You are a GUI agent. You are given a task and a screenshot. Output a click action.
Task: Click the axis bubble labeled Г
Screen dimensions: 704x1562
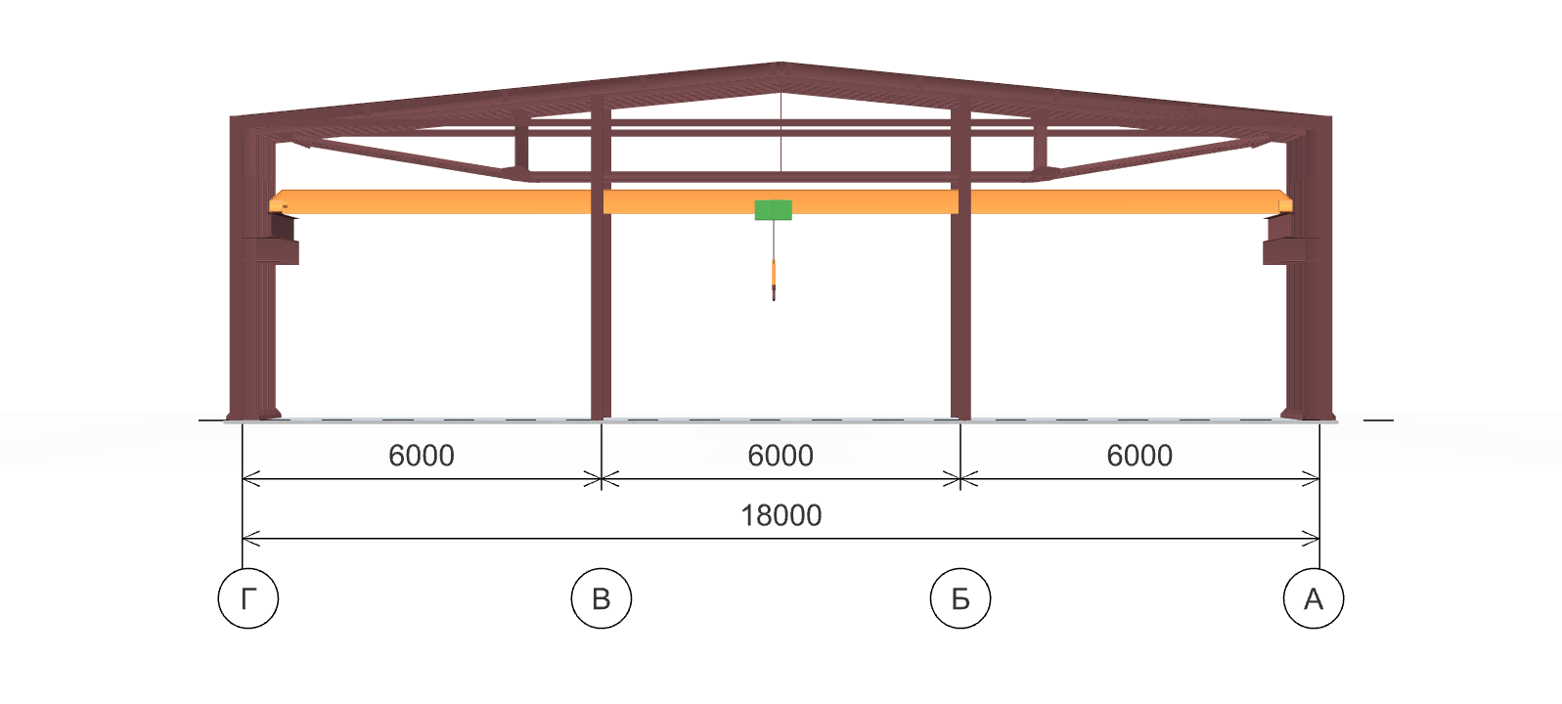point(248,597)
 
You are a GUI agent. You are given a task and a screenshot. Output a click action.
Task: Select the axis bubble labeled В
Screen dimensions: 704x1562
point(602,597)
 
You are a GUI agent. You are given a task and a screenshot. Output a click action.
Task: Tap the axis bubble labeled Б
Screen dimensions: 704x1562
point(960,597)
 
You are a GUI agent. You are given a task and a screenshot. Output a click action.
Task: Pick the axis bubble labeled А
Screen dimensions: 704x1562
point(1314,597)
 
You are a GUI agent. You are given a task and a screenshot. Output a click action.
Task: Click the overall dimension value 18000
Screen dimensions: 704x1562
point(781,515)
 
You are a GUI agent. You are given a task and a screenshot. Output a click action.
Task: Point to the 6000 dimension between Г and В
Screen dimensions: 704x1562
point(422,456)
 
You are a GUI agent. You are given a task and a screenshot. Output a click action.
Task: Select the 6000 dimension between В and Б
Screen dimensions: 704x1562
point(781,456)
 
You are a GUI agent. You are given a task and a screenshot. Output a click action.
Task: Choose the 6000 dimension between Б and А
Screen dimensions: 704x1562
point(1139,456)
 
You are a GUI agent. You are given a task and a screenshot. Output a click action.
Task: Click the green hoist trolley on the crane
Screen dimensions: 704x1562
point(773,209)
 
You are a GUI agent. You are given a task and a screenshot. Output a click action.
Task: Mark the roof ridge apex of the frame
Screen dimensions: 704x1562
point(781,65)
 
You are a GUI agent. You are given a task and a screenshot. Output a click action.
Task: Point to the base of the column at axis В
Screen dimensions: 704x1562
point(601,415)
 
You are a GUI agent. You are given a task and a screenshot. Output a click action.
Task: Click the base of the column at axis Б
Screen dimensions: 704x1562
point(960,415)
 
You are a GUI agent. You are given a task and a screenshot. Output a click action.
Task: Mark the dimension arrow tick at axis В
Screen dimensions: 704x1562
point(602,479)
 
